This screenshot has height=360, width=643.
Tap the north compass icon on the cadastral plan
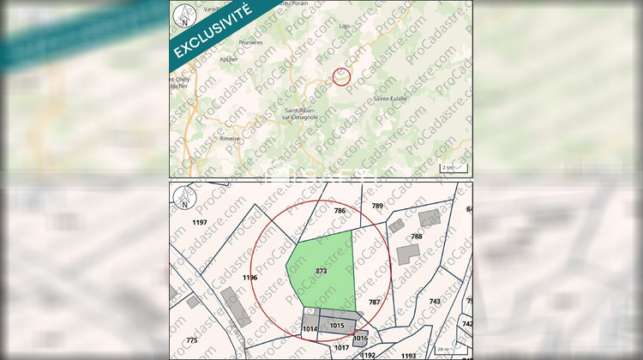pyautogui.click(x=183, y=199)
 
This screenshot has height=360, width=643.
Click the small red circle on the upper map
pyautogui.click(x=341, y=77)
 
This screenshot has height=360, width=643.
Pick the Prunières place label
pyautogui.click(x=250, y=41)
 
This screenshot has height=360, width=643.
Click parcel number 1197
pyautogui.click(x=201, y=223)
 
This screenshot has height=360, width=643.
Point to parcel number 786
pyautogui.click(x=340, y=211)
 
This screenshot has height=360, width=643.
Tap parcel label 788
pyautogui.click(x=417, y=237)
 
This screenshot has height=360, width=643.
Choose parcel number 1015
pyautogui.click(x=336, y=326)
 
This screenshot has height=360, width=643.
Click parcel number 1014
pyautogui.click(x=310, y=329)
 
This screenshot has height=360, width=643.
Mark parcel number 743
pyautogui.click(x=435, y=301)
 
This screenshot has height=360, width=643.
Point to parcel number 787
pyautogui.click(x=374, y=302)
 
